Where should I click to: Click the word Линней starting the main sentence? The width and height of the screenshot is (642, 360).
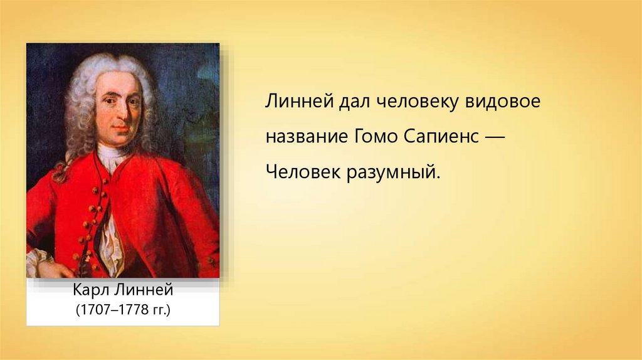pyautogui.click(x=299, y=102)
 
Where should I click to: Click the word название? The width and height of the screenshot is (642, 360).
pyautogui.click(x=305, y=136)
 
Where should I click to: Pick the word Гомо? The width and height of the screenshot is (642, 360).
pyautogui.click(x=374, y=136)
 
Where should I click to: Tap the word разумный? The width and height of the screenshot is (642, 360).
pyautogui.click(x=394, y=173)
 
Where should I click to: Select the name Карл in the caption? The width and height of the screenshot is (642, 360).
pyautogui.click(x=90, y=290)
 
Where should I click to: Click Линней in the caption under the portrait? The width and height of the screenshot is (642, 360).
pyautogui.click(x=143, y=290)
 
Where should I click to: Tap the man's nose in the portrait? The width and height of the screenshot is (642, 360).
pyautogui.click(x=123, y=114)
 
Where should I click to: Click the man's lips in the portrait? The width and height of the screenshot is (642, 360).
pyautogui.click(x=121, y=129)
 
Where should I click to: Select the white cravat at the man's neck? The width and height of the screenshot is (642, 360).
pyautogui.click(x=112, y=157)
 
